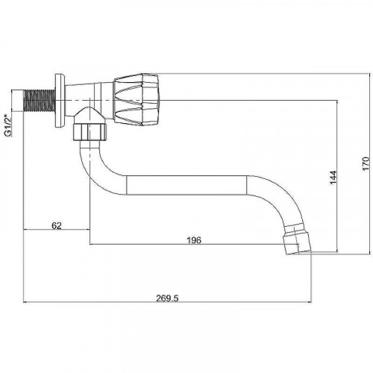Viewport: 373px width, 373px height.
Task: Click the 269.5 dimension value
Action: (167, 298)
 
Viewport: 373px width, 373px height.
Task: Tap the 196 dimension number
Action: (194, 240)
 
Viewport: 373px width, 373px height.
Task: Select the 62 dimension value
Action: (57, 225)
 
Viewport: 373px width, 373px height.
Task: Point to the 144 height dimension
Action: (333, 178)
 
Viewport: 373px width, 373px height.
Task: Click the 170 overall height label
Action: (366, 163)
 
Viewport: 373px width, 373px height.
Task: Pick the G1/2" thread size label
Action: (8, 125)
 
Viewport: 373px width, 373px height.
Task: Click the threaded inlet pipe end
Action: (39, 100)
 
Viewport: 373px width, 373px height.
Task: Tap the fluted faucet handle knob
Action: (137, 99)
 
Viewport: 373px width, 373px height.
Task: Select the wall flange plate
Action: (60, 101)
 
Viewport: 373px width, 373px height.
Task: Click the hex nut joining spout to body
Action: (90, 132)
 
